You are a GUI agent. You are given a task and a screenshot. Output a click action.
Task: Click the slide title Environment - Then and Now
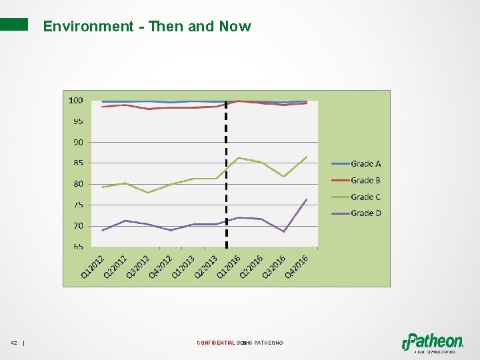pos(147,27)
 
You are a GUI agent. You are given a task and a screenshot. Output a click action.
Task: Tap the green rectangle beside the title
pos(14,25)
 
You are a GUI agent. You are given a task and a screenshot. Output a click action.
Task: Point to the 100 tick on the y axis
pos(75,101)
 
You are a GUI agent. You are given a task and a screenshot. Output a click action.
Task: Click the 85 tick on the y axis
pos(77,163)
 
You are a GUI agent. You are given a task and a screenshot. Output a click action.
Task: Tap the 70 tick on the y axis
pos(77,226)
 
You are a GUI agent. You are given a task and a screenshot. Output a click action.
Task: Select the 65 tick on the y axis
pos(77,247)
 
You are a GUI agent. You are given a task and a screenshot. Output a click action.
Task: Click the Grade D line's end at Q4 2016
pos(307,199)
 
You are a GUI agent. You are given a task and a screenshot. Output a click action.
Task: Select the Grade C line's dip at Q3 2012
pos(148,193)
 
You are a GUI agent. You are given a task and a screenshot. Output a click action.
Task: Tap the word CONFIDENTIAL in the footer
pos(216,343)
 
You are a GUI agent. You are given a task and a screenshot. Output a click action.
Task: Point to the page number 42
pos(14,343)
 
